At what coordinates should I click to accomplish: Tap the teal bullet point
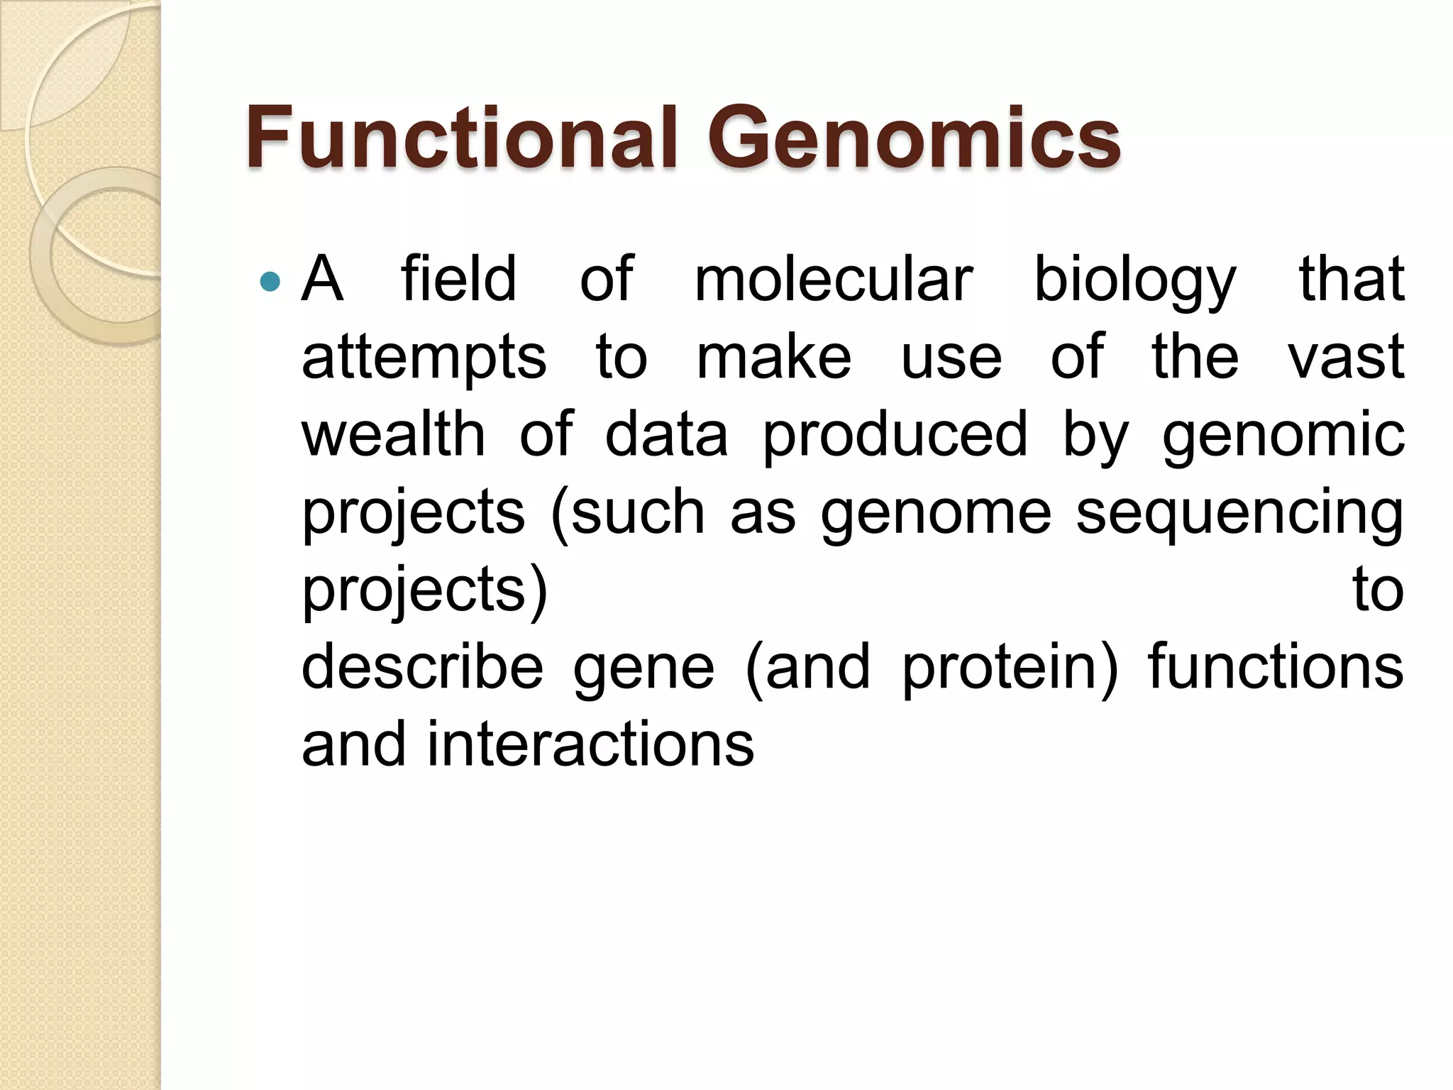[270, 282]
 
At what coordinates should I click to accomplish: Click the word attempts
[424, 358]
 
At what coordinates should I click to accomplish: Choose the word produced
[895, 436]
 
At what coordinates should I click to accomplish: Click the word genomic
[1283, 436]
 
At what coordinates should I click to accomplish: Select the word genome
[936, 514]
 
